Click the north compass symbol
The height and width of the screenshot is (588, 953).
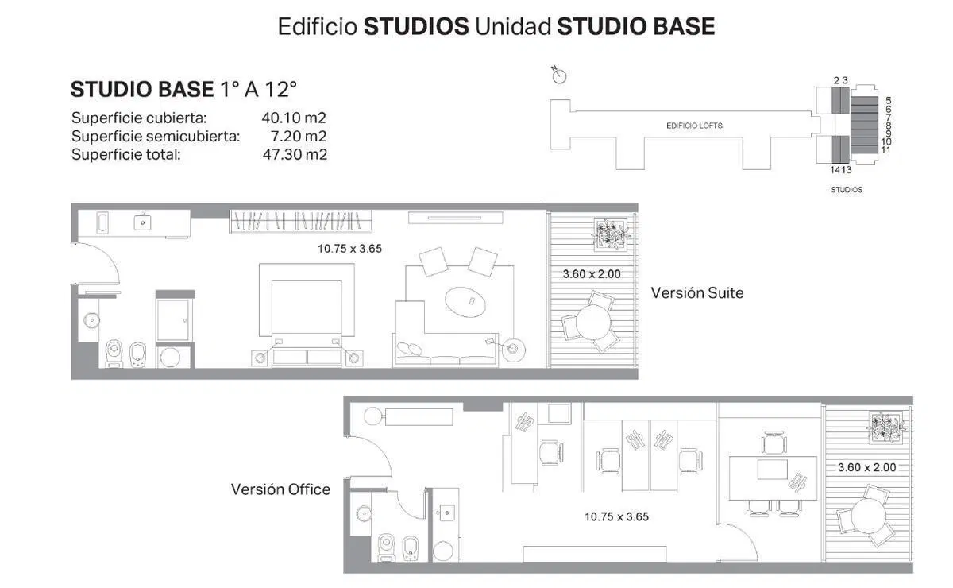pyautogui.click(x=558, y=75)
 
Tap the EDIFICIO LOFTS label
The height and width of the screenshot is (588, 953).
pyautogui.click(x=694, y=126)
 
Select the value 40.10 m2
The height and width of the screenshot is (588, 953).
pyautogui.click(x=294, y=118)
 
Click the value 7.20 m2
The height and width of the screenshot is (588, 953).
pyautogui.click(x=299, y=136)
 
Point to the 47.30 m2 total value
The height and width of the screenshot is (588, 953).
pyautogui.click(x=295, y=154)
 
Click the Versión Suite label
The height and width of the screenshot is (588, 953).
pyautogui.click(x=697, y=293)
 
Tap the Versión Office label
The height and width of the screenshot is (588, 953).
pyautogui.click(x=280, y=489)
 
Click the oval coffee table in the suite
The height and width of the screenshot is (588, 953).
pyautogui.click(x=465, y=302)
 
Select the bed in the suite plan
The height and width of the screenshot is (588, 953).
pyautogui.click(x=307, y=316)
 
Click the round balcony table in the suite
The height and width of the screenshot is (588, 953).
pyautogui.click(x=593, y=323)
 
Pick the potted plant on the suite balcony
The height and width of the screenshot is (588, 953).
pyautogui.click(x=611, y=234)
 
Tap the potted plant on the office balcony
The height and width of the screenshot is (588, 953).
pyautogui.click(x=886, y=427)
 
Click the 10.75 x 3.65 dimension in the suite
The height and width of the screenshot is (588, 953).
pyautogui.click(x=349, y=249)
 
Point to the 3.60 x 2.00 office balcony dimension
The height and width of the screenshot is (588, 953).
pyautogui.click(x=866, y=467)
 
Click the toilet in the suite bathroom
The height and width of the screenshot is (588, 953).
pyautogui.click(x=114, y=354)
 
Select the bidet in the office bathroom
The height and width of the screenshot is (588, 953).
pyautogui.click(x=410, y=548)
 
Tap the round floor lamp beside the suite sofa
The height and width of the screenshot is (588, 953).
pyautogui.click(x=513, y=349)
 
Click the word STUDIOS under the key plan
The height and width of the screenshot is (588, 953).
pyautogui.click(x=847, y=190)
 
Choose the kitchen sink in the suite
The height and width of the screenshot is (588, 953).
pyautogui.click(x=142, y=222)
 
